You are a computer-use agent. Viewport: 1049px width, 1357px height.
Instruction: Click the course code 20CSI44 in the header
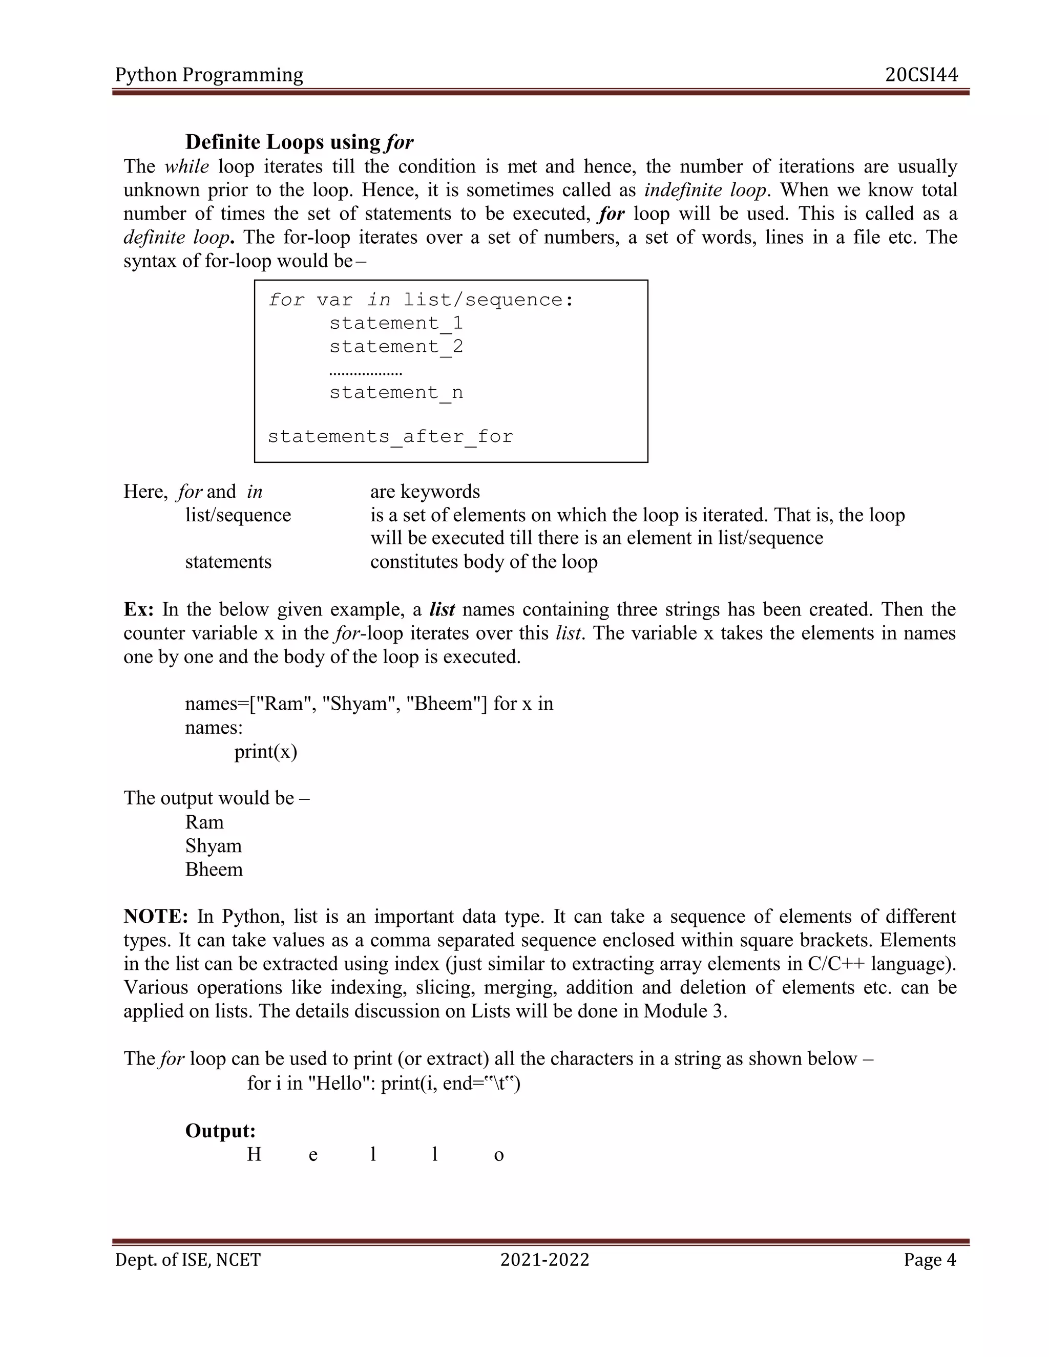pyautogui.click(x=921, y=75)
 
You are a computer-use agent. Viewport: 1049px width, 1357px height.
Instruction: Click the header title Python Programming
pyautogui.click(x=209, y=75)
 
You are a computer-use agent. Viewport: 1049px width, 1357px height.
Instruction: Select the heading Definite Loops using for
pyautogui.click(x=299, y=142)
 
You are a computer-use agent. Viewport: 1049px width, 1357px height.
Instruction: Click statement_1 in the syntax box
pyautogui.click(x=396, y=323)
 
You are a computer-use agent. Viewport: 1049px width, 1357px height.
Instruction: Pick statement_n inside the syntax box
pyautogui.click(x=396, y=393)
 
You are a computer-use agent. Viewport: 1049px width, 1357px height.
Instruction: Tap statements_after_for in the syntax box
pyautogui.click(x=390, y=437)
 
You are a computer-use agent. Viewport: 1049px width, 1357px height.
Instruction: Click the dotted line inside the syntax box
pyautogui.click(x=365, y=373)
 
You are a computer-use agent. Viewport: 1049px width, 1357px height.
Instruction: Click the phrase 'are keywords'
pyautogui.click(x=425, y=492)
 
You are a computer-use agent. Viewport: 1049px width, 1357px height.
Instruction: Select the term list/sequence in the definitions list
pyautogui.click(x=238, y=515)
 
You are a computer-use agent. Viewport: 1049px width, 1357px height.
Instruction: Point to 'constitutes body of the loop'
pyautogui.click(x=484, y=562)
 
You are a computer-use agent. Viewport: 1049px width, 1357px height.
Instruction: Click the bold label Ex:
pyautogui.click(x=139, y=609)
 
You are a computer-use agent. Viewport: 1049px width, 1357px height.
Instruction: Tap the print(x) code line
pyautogui.click(x=265, y=752)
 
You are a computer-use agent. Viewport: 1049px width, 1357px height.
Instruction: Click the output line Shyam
pyautogui.click(x=213, y=845)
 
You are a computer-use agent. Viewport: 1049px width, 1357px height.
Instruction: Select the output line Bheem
pyautogui.click(x=214, y=870)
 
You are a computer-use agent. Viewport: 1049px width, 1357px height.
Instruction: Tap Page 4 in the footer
pyautogui.click(x=930, y=1260)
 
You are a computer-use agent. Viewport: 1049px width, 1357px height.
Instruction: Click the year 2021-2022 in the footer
pyautogui.click(x=544, y=1260)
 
